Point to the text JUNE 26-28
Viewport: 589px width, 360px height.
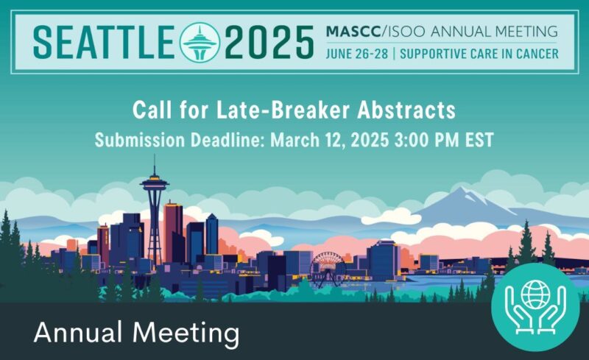click(356, 54)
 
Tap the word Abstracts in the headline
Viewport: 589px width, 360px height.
click(411, 111)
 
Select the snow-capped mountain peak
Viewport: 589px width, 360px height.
click(462, 197)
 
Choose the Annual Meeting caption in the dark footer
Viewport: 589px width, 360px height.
click(137, 333)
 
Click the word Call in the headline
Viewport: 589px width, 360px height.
click(152, 111)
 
